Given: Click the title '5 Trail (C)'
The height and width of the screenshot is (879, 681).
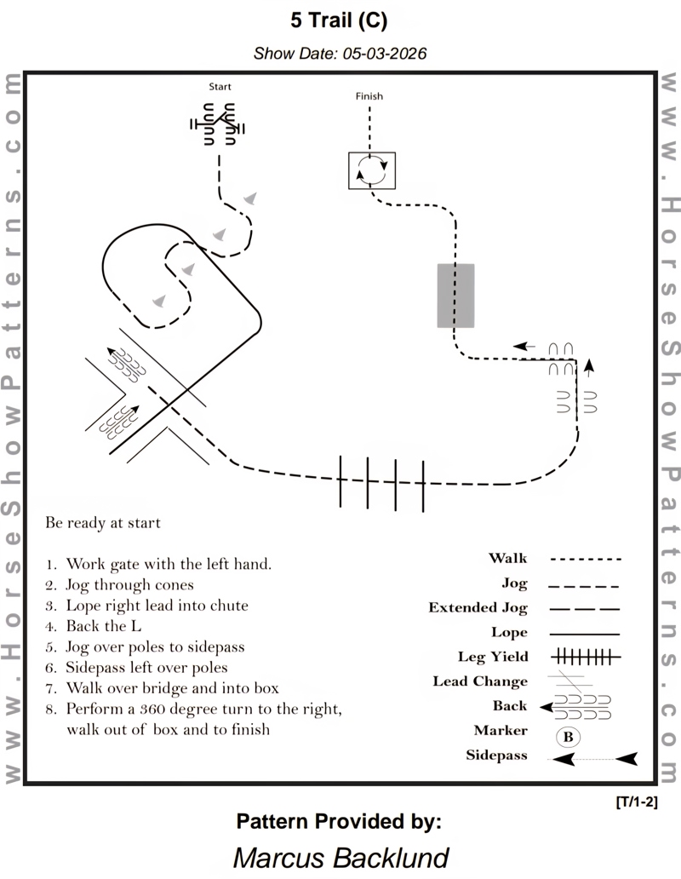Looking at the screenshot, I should pyautogui.click(x=340, y=20).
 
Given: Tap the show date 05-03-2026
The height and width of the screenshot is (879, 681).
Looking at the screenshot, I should pyautogui.click(x=340, y=53).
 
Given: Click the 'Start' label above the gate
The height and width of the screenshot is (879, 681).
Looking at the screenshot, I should pyautogui.click(x=220, y=87).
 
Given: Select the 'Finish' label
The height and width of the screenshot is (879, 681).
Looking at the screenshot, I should pyautogui.click(x=369, y=96).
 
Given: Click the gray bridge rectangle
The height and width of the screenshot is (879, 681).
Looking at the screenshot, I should pyautogui.click(x=455, y=295).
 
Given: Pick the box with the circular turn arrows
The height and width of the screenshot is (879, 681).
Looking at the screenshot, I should pyautogui.click(x=372, y=170).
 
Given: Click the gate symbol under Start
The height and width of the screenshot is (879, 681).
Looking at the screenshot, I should pyautogui.click(x=218, y=124).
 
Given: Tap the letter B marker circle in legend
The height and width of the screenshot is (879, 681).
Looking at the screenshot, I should pyautogui.click(x=569, y=735).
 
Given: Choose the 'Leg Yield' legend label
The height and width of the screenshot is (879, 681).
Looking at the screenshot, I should pyautogui.click(x=492, y=657).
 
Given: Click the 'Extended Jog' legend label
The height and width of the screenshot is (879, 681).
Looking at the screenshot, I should pyautogui.click(x=478, y=608).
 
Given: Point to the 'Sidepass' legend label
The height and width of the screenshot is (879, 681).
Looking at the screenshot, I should pyautogui.click(x=496, y=755).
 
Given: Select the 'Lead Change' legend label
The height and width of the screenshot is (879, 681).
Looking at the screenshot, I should pyautogui.click(x=480, y=681).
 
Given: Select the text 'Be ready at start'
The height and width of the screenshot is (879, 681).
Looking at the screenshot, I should pyautogui.click(x=103, y=522).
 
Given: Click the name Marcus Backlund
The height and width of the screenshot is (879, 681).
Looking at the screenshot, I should pyautogui.click(x=340, y=856).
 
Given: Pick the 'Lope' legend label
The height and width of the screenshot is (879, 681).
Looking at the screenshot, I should pyautogui.click(x=509, y=633).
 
